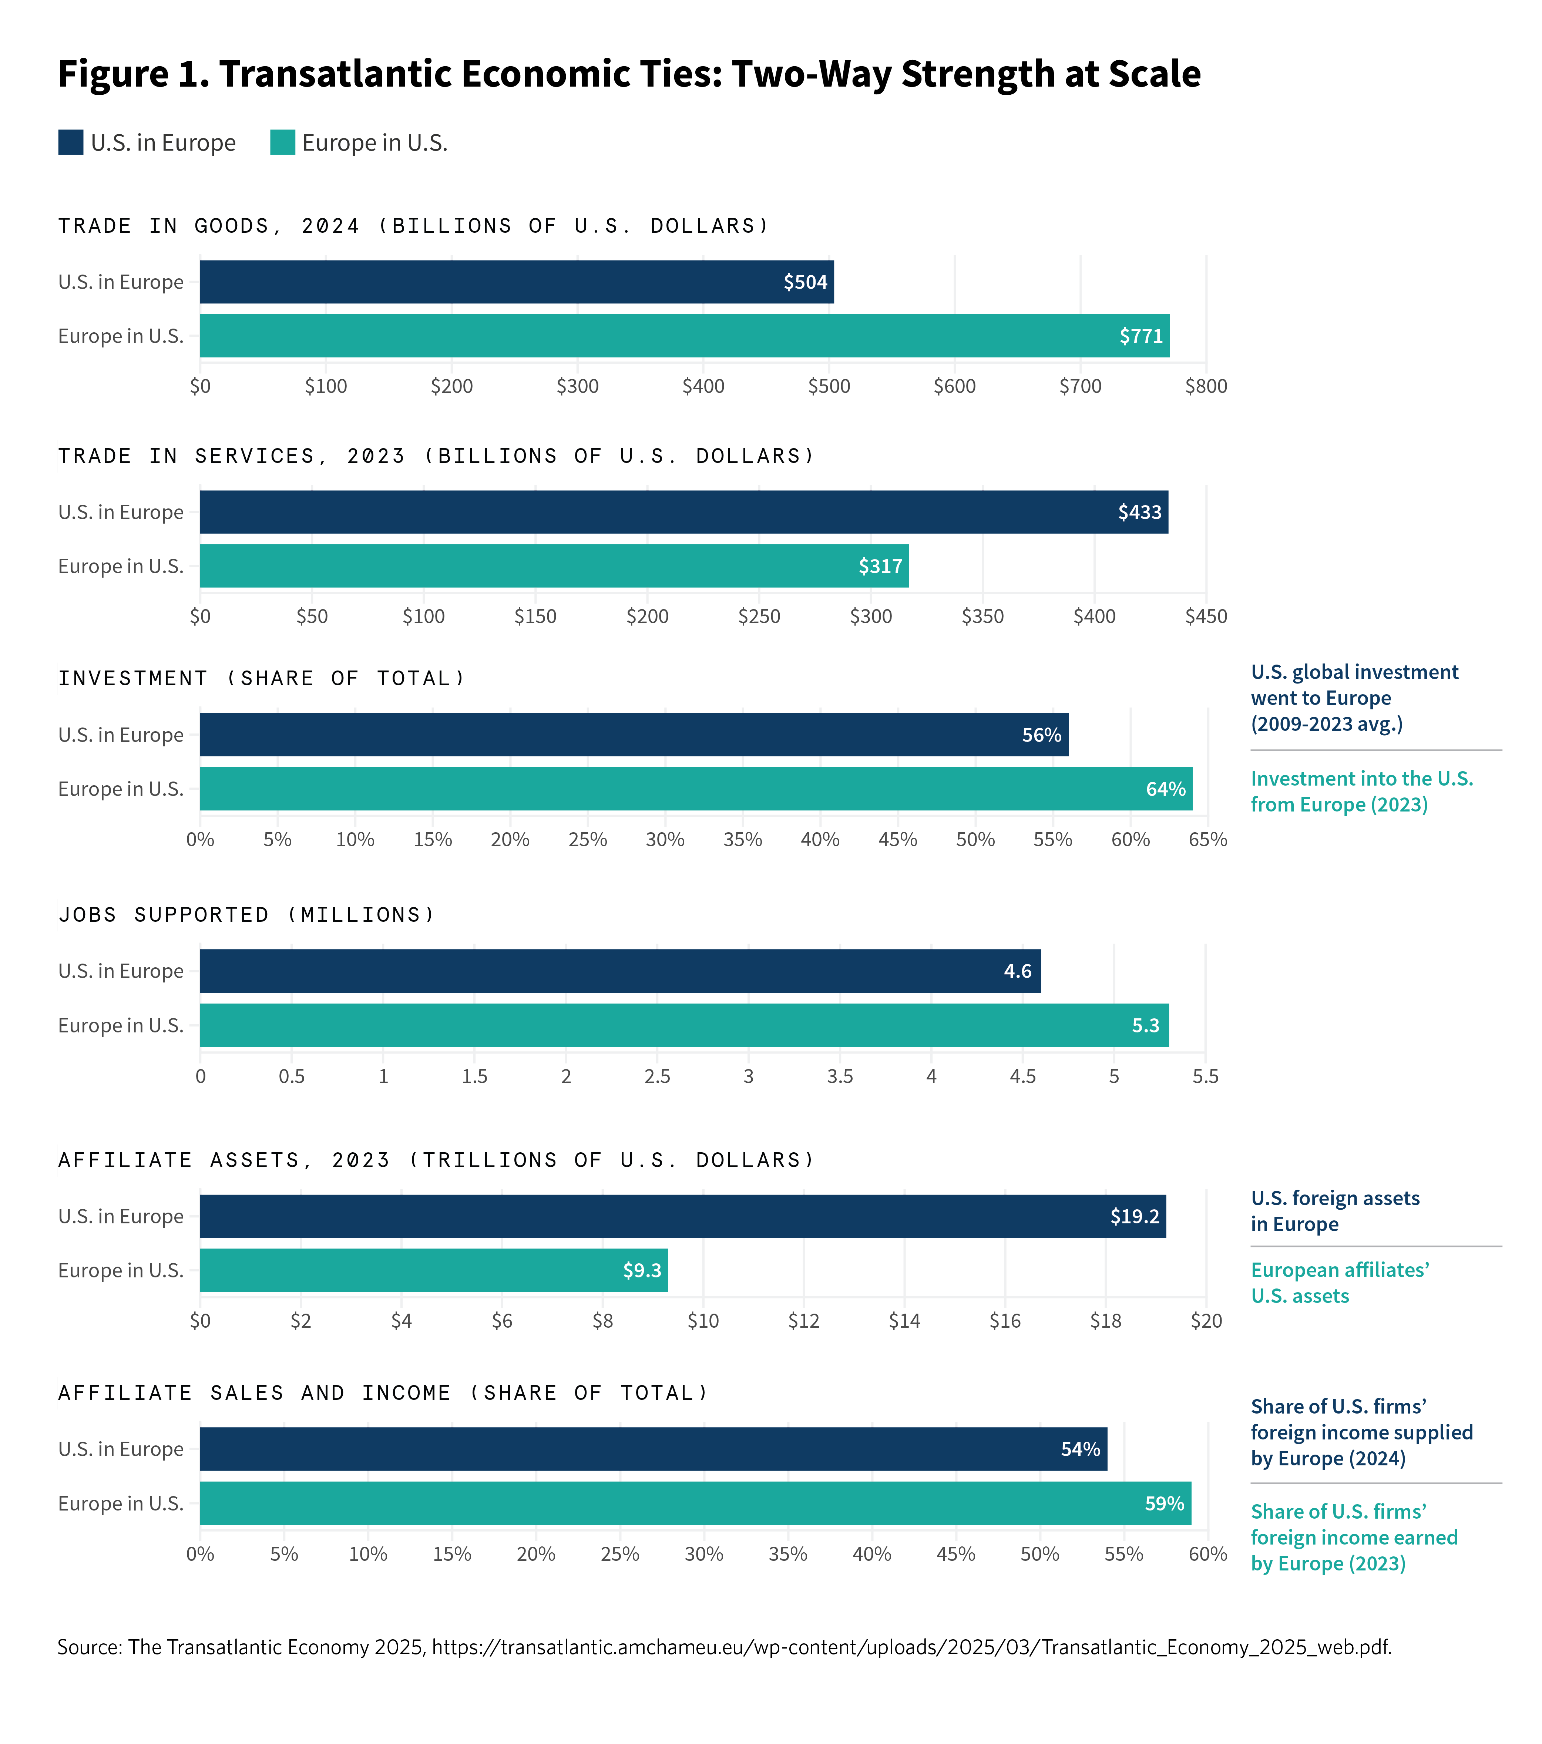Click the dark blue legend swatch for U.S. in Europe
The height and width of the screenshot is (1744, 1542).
coord(71,142)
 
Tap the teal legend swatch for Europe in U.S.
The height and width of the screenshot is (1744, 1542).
coord(282,142)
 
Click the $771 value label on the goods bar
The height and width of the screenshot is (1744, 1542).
coord(1141,336)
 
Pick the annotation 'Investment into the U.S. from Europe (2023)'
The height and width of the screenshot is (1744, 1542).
coord(1362,792)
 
